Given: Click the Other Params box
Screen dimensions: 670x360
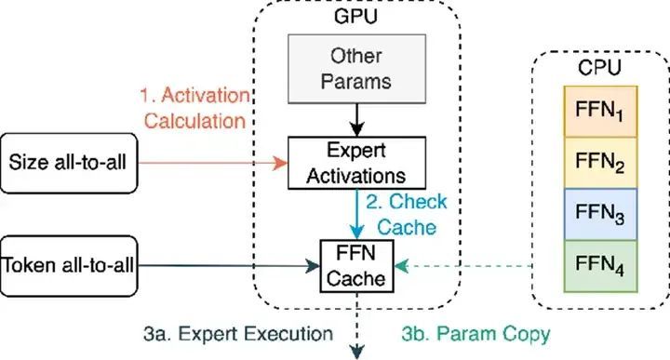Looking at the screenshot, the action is tap(356, 69).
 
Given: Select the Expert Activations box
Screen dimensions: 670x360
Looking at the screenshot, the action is tap(356, 163).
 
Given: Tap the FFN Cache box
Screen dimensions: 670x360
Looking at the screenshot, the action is tap(356, 266).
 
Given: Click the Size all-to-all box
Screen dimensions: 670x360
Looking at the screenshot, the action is tap(69, 163).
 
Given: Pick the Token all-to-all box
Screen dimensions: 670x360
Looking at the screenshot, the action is tap(69, 266).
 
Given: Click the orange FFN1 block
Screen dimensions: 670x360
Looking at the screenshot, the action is tap(600, 112).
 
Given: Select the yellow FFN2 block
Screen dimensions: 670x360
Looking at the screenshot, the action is tap(600, 163).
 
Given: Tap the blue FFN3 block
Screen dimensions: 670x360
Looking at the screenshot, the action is tap(600, 214).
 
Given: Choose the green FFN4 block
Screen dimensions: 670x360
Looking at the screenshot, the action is tap(600, 266).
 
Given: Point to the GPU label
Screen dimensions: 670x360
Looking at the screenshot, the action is tap(355, 16).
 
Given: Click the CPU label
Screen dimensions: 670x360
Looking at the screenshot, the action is tap(599, 68).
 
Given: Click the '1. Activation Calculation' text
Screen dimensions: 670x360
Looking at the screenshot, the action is tap(194, 108).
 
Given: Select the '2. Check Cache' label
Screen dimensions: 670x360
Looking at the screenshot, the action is tap(407, 214).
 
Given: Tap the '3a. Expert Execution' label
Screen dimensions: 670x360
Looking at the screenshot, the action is tap(238, 334).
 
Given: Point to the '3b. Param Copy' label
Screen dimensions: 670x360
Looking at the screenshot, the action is tap(476, 334).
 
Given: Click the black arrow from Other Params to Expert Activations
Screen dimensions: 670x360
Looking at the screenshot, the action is tap(356, 120).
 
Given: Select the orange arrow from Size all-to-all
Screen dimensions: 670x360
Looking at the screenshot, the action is tap(213, 163).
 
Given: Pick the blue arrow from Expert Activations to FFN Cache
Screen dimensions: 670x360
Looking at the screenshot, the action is tap(356, 214).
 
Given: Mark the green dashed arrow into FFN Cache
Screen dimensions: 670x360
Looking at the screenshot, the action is tap(462, 266).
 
